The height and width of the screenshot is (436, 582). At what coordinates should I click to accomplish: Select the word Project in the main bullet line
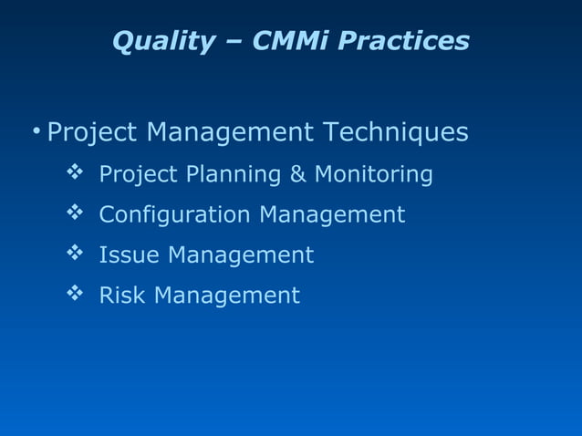92,134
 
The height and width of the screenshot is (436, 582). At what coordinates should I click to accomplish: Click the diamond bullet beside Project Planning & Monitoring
75,172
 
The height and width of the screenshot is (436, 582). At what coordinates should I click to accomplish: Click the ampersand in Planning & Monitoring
298,173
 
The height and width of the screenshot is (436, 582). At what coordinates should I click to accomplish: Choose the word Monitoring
373,173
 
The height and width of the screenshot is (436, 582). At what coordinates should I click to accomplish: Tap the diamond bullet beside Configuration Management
75,213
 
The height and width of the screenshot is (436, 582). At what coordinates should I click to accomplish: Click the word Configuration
174,215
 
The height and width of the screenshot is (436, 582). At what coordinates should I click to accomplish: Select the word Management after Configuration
332,214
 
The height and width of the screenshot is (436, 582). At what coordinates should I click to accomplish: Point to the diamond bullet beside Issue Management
75,254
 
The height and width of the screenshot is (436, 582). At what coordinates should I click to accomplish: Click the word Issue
129,254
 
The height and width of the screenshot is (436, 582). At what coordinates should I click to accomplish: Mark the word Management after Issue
240,254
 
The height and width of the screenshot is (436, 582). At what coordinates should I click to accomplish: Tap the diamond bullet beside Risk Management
75,294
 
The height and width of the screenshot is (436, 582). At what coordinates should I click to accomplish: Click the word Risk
122,295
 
